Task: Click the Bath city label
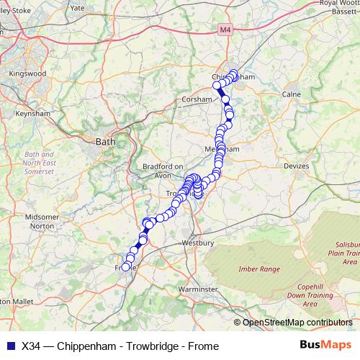point(105,143)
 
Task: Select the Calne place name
point(291,94)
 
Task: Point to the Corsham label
point(197,100)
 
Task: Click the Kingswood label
point(27,73)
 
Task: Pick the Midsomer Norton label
point(41,221)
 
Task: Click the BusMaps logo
point(322,346)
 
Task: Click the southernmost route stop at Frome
point(125,267)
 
